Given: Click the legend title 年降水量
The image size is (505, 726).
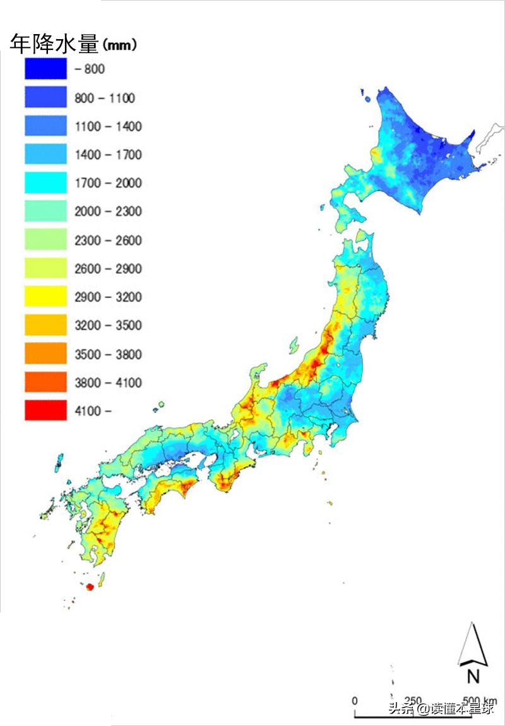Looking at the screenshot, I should [54, 44].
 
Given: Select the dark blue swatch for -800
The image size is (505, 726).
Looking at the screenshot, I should [45, 69].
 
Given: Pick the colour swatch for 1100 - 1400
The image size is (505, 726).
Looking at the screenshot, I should [45, 126].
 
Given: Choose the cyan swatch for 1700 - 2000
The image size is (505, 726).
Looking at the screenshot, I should [45, 183].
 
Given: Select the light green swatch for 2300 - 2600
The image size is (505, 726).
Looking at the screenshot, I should [45, 240].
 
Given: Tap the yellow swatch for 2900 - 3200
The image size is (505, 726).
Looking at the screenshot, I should [45, 297].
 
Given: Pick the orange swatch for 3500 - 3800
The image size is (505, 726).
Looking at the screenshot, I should [45, 354].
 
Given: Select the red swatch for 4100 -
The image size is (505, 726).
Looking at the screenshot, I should [45, 411].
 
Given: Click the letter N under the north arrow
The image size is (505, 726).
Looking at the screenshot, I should [473, 677].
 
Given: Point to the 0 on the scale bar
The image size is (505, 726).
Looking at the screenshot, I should [354, 701].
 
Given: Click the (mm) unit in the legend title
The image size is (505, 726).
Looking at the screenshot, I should [120, 45].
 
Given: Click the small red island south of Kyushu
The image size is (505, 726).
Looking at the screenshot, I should [89, 587].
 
